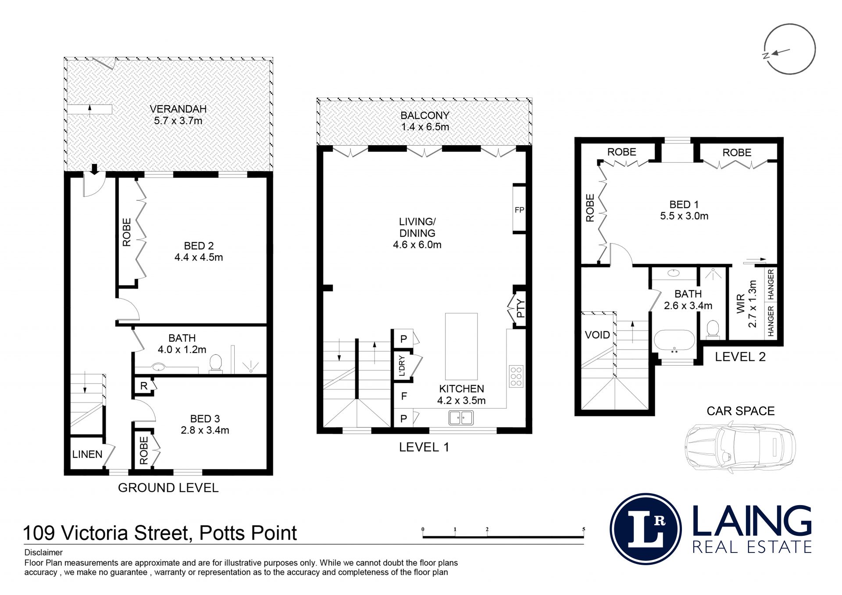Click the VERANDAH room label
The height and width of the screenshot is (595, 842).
pos(178,109)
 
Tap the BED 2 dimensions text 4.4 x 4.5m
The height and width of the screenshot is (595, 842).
pos(199,257)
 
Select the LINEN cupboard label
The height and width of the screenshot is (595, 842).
pos(87,454)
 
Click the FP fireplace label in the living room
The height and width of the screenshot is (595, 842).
pos(519,210)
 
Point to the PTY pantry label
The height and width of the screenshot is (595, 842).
pos(521,308)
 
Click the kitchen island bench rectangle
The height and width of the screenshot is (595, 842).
pos(461,346)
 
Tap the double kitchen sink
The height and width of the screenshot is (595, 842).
pos(461,417)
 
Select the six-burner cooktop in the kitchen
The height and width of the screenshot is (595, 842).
pos(516,376)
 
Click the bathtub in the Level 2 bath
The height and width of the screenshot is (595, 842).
pos(674,341)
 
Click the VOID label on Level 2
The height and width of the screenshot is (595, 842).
pos(597,335)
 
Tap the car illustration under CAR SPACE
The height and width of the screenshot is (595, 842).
pos(740,447)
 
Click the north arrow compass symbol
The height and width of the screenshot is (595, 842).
pos(789,49)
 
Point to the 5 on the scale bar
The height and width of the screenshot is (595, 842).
pos(584,529)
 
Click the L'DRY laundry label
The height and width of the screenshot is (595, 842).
pos(402,366)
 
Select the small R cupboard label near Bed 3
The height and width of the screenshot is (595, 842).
pos(144,386)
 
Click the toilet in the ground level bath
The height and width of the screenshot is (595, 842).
pos(215,364)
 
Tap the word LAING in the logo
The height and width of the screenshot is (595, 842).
pos(752,521)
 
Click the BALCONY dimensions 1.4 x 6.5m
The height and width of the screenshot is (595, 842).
pos(425,127)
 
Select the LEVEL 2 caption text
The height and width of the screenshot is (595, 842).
pos(740,357)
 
